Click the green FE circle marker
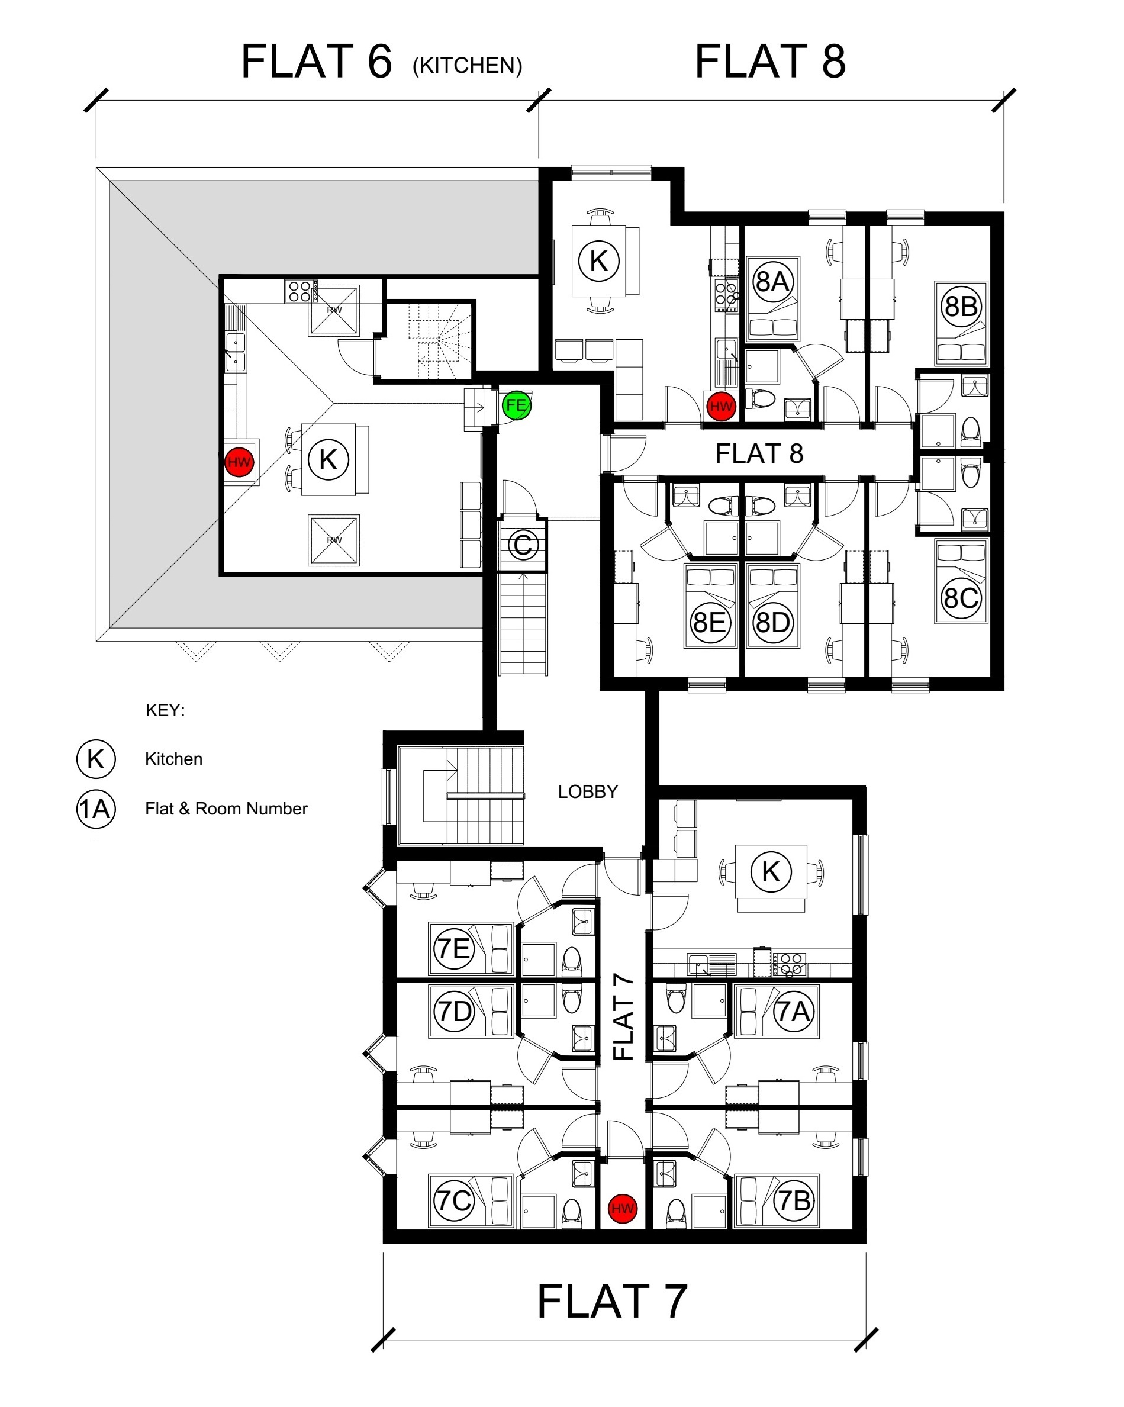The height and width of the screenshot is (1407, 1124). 516,405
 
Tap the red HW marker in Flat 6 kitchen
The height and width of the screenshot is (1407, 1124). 239,462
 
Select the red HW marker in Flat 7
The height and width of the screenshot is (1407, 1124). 622,1208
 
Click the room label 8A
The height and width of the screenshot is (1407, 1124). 773,281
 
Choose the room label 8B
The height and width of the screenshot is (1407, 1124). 961,306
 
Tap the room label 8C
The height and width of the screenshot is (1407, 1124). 961,598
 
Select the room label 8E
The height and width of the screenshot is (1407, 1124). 710,623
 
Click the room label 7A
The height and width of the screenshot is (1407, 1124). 794,1012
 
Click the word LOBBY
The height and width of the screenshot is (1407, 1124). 588,791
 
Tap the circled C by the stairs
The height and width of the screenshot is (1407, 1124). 523,545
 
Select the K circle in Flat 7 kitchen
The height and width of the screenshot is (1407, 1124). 771,871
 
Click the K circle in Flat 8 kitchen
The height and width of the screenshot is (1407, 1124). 598,260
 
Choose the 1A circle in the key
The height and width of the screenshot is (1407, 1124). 96,809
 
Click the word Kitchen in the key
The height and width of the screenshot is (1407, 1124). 173,759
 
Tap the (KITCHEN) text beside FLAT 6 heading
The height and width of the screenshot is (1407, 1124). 468,65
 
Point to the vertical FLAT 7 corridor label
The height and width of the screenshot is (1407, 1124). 623,1017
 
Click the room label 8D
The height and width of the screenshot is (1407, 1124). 773,623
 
